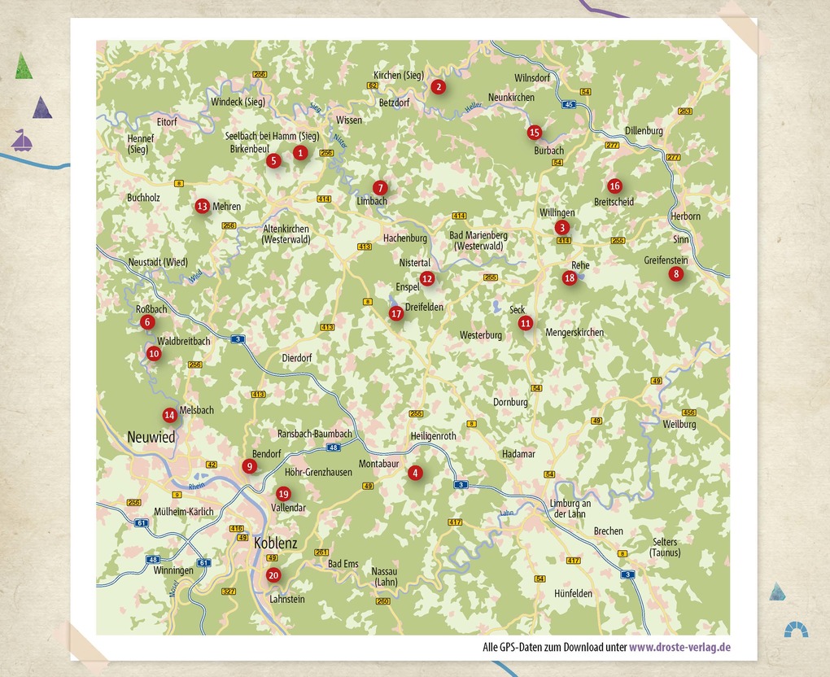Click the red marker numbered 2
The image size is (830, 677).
[x=439, y=87]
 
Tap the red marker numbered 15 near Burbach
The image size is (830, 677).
[x=534, y=132]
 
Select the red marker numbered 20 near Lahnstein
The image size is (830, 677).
[x=273, y=575]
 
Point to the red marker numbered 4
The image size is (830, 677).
[x=416, y=473]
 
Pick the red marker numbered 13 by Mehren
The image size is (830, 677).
[x=202, y=207]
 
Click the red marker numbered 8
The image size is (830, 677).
[x=675, y=274]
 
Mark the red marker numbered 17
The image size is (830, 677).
[x=396, y=313]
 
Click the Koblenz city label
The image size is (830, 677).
[x=276, y=543]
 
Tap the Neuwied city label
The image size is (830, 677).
[x=151, y=437]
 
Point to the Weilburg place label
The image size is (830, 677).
[x=679, y=424]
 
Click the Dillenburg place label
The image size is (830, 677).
[x=644, y=130]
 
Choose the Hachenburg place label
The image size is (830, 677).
[x=405, y=238]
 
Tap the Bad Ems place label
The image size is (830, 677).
[x=343, y=564]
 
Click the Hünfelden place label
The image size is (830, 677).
[x=573, y=594]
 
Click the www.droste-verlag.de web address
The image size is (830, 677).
[x=679, y=648]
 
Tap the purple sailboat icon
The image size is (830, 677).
[x=22, y=141]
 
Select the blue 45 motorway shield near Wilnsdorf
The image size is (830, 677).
[x=569, y=104]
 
